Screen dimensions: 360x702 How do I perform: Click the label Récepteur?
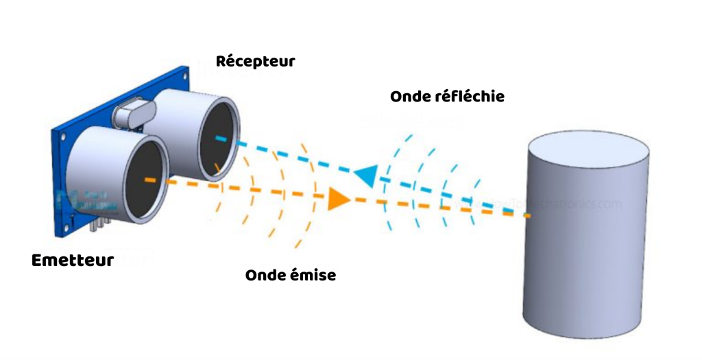[255, 61]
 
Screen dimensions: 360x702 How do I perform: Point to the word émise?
[312, 276]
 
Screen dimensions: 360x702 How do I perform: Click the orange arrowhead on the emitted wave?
[338, 198]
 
